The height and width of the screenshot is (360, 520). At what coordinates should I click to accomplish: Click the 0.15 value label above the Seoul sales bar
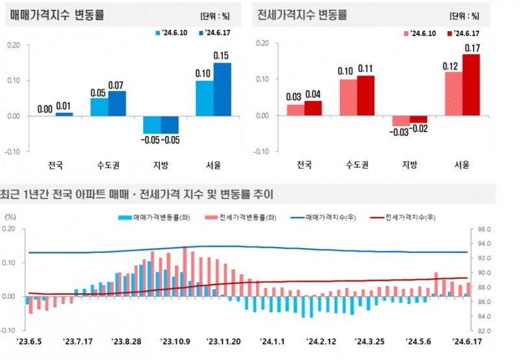(222, 55)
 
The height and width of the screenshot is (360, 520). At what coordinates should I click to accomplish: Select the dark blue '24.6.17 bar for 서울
(222, 90)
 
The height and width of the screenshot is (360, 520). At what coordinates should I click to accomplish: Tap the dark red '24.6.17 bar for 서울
(471, 85)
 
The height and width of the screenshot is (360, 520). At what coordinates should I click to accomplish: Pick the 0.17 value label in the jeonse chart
(472, 47)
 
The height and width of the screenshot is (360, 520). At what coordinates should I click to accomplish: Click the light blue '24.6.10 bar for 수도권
(99, 107)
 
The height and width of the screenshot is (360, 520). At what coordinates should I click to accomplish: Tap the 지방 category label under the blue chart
(161, 165)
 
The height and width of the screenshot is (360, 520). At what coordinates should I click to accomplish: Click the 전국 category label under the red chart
(304, 164)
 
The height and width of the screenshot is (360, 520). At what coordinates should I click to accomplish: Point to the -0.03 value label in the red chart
(399, 133)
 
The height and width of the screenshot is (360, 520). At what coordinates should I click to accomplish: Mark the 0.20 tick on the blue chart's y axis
(14, 45)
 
